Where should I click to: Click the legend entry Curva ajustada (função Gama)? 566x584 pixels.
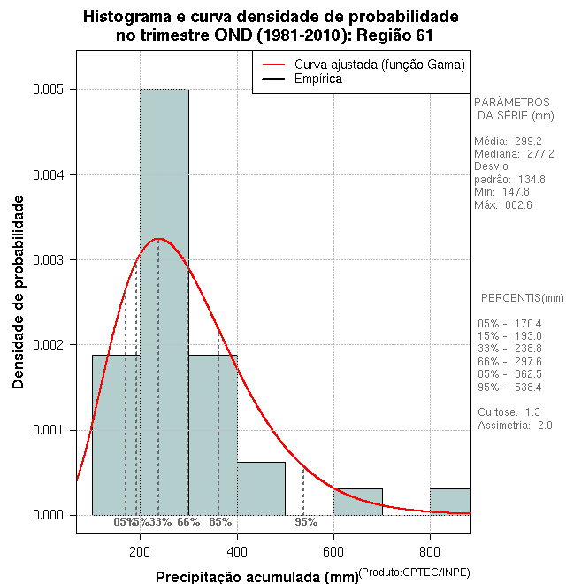[379, 65]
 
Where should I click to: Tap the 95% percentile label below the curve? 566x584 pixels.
[306, 522]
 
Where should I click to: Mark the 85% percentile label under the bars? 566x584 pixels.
[220, 522]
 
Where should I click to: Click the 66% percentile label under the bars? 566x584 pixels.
[188, 522]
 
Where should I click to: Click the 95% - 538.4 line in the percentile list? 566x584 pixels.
[509, 388]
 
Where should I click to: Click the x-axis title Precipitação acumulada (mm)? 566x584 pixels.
[256, 577]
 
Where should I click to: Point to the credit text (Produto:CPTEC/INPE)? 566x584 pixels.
[414, 573]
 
